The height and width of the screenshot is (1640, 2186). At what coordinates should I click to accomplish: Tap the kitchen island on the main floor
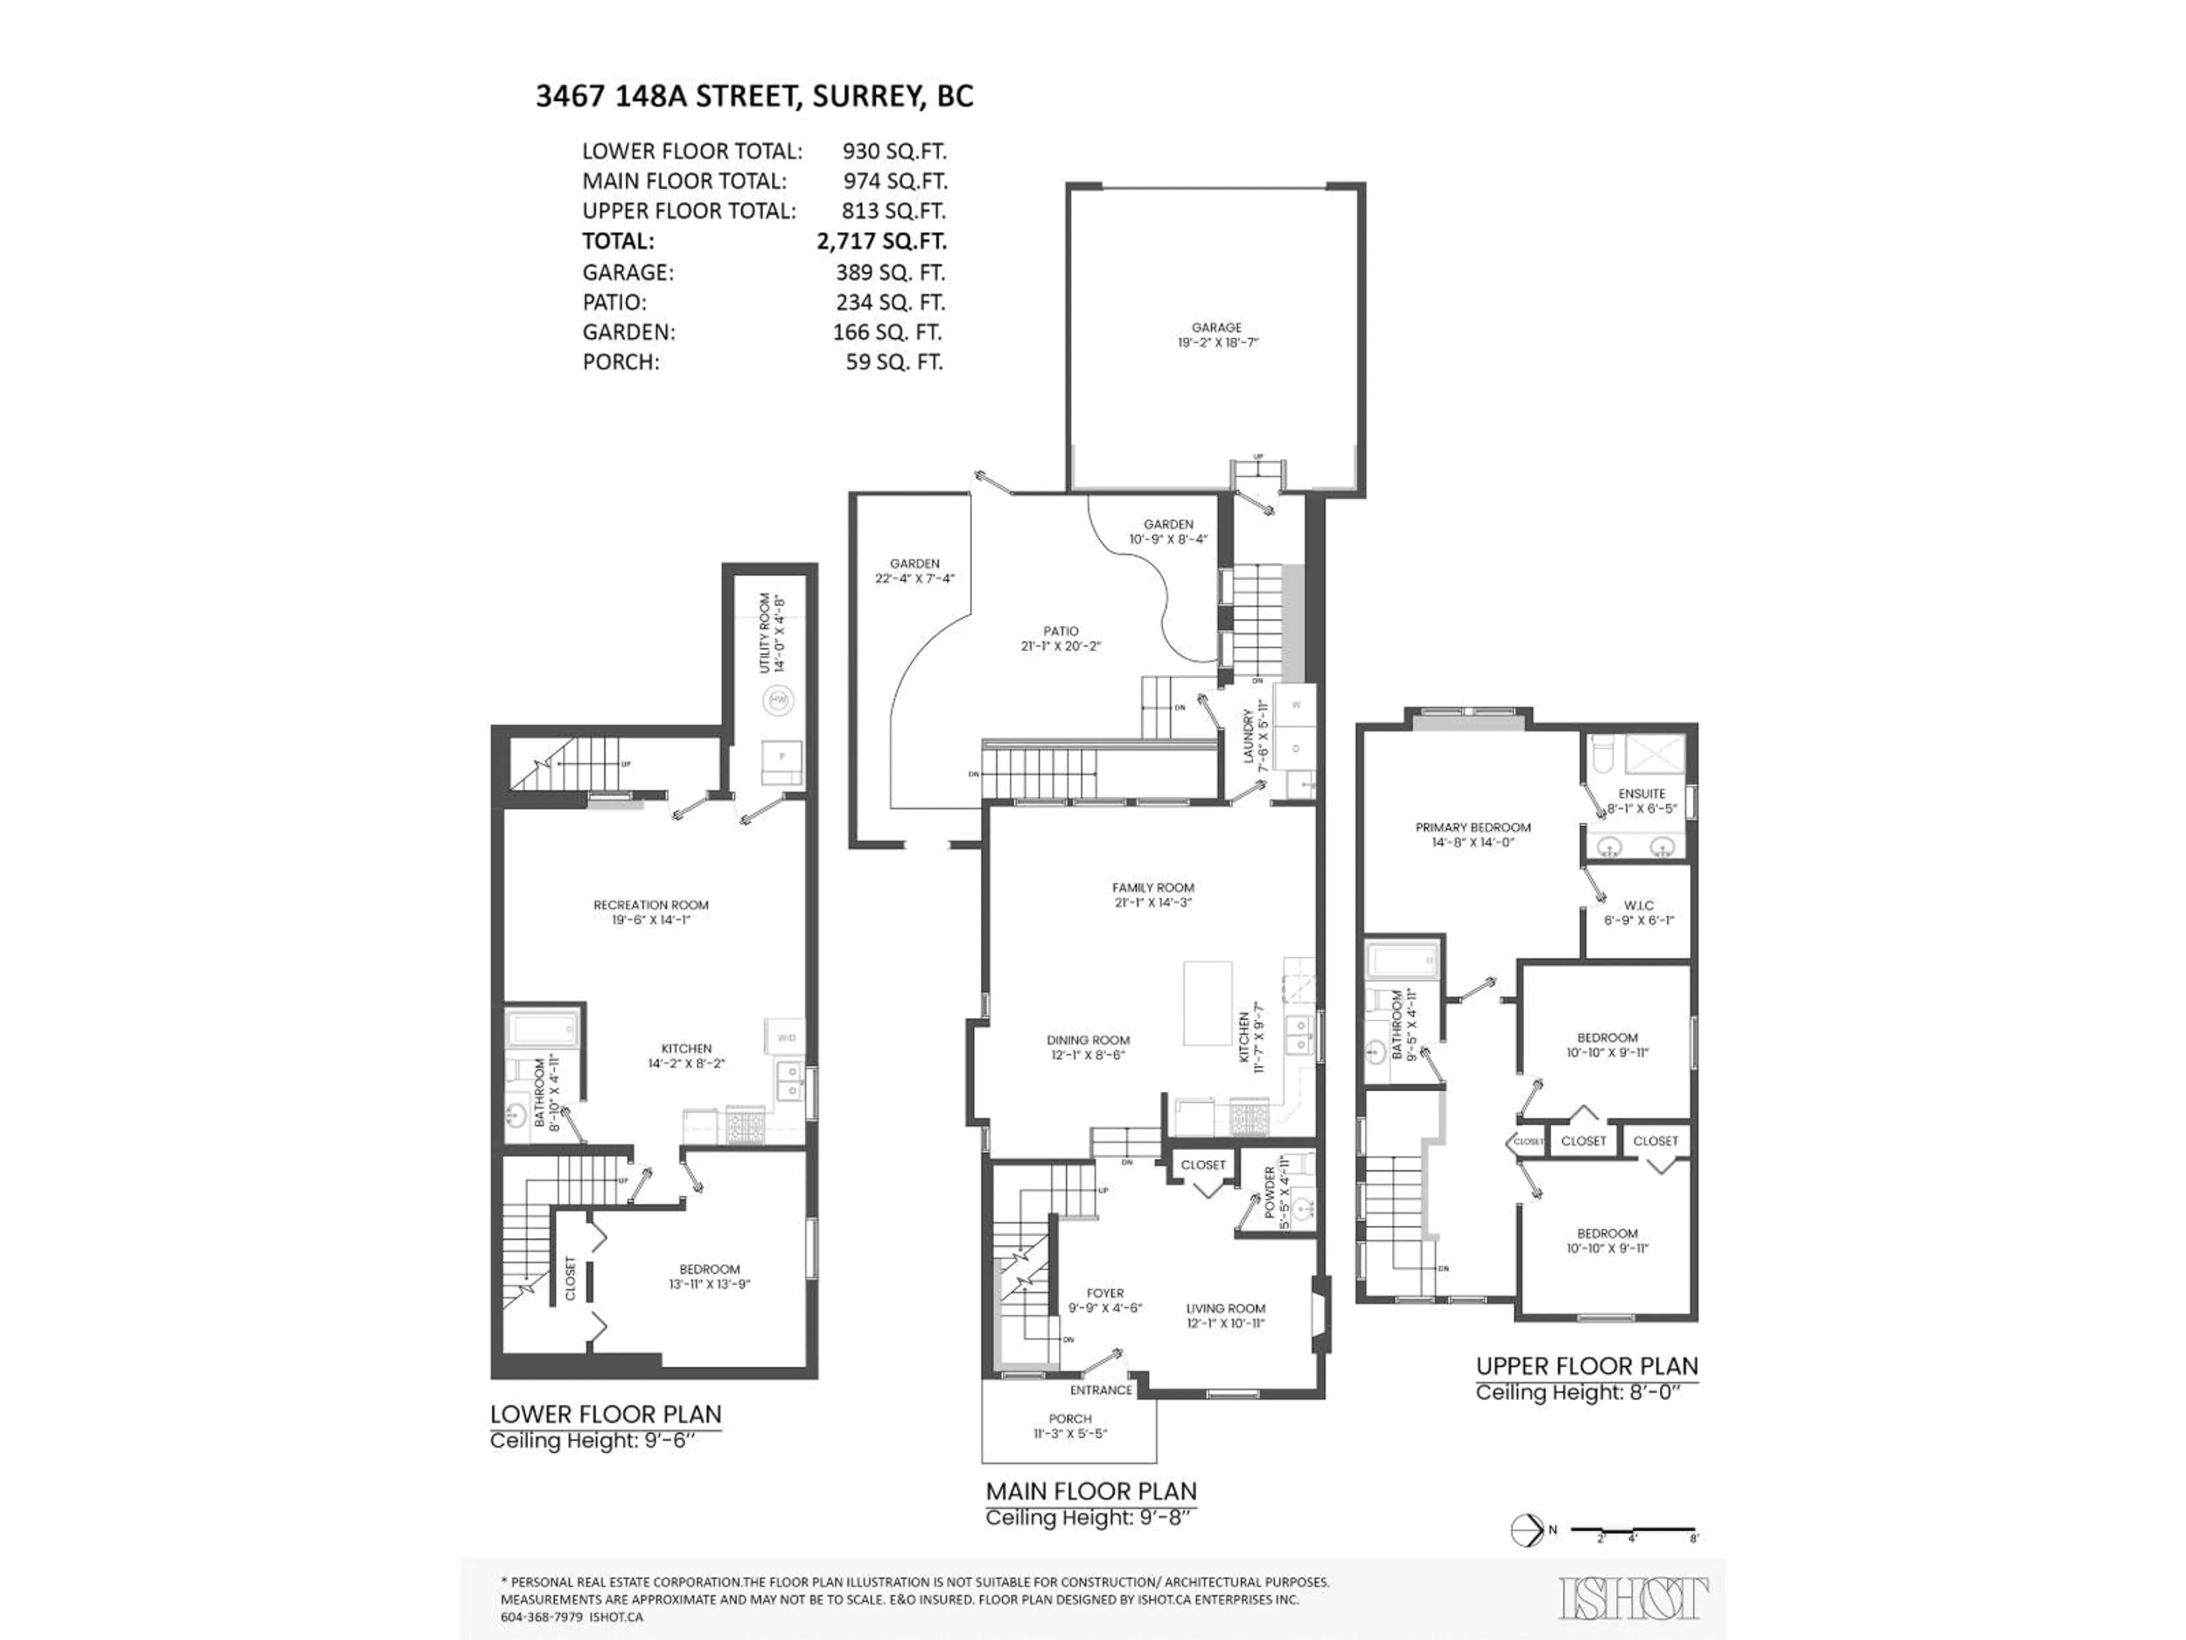pyautogui.click(x=1207, y=1003)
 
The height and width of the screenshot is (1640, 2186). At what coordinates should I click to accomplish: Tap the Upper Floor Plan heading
pyautogui.click(x=1586, y=1366)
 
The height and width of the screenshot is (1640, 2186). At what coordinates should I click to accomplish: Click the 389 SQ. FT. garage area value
pyautogui.click(x=889, y=272)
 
